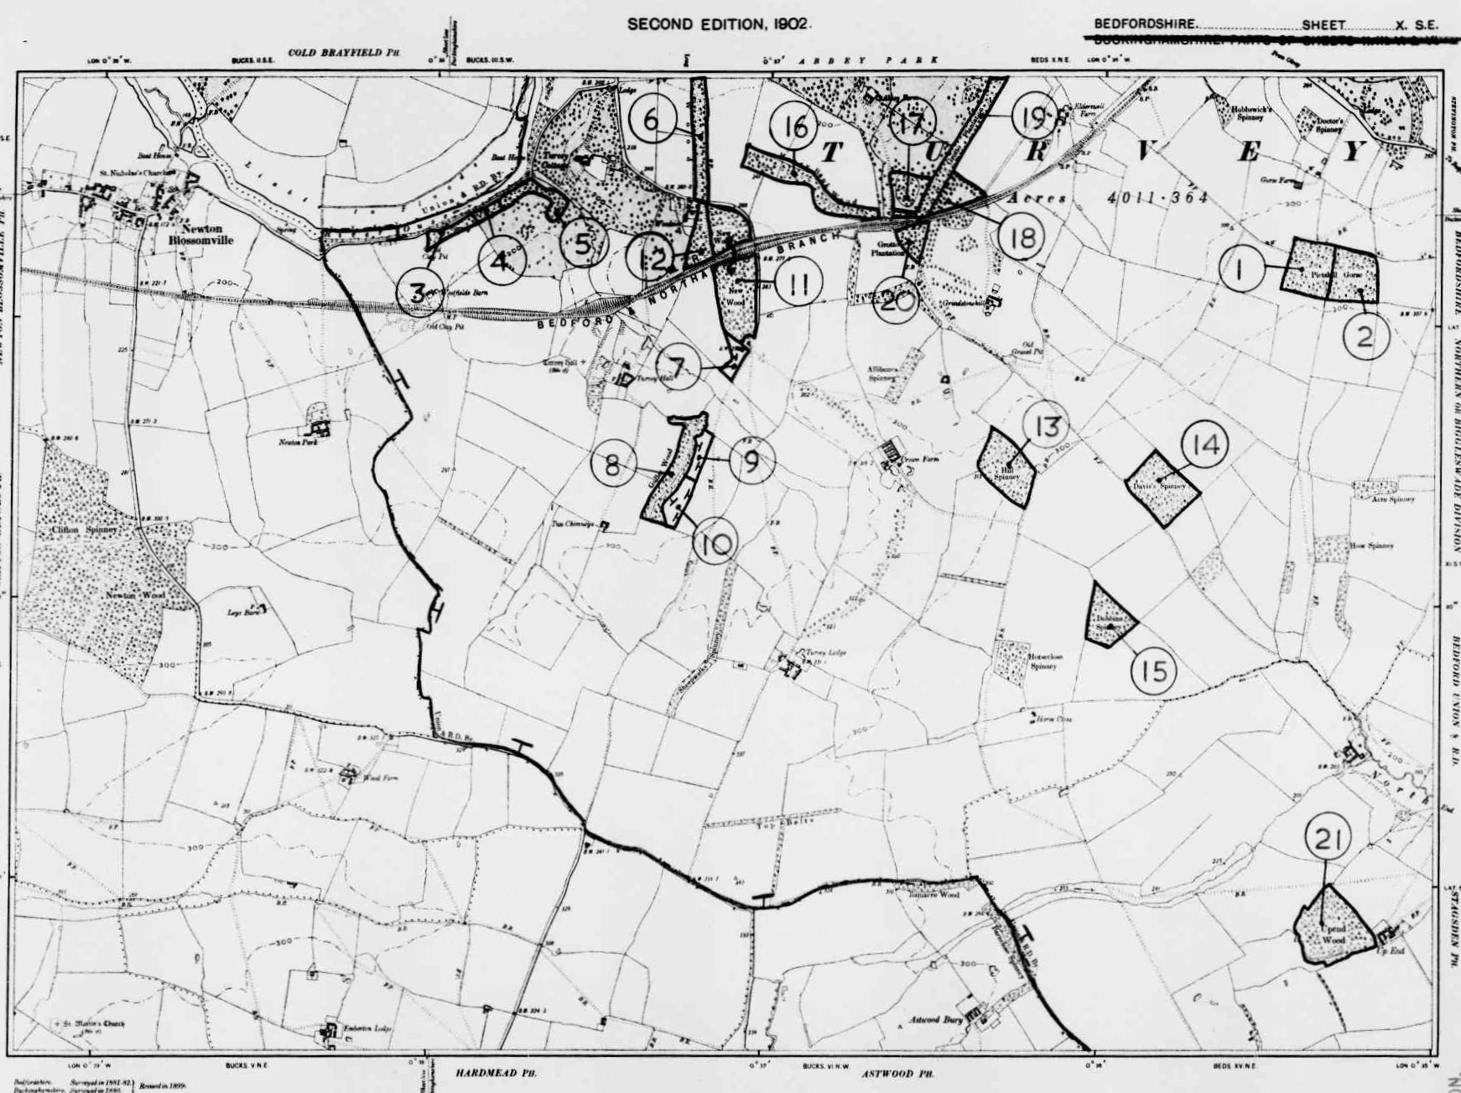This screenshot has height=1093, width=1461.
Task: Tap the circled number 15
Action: tap(1153, 670)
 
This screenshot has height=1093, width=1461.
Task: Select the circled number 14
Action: tap(1204, 445)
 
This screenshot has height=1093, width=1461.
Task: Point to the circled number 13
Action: tap(1046, 426)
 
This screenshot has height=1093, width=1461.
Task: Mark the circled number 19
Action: tap(1032, 117)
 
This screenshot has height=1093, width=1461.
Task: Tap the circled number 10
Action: tap(715, 544)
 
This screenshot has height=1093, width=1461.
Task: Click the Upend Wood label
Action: tap(1333, 934)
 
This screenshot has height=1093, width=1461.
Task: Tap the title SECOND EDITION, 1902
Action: tap(719, 24)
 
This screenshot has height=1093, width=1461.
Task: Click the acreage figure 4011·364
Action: tap(1157, 198)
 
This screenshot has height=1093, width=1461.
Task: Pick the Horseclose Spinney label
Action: tap(1042, 661)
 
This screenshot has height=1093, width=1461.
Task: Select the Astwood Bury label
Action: tap(936, 1021)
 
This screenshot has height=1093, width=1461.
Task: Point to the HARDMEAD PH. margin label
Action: tap(496, 1073)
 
